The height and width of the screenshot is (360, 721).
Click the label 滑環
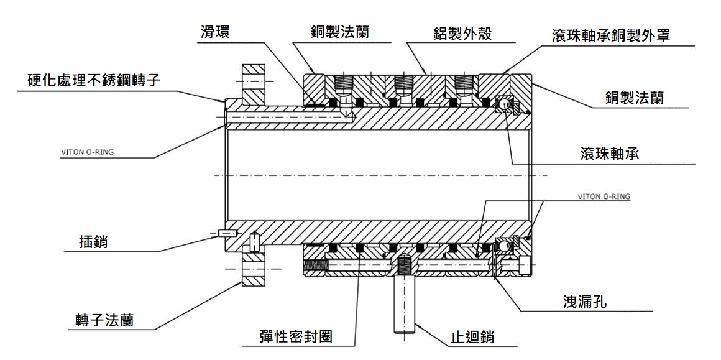click(x=215, y=32)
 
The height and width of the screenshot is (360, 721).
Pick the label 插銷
click(x=94, y=241)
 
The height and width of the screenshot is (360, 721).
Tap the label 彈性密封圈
click(x=295, y=336)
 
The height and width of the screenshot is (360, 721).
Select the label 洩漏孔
click(x=584, y=302)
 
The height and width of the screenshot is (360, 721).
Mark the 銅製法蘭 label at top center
click(x=339, y=32)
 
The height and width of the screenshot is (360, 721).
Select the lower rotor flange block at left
click(x=254, y=269)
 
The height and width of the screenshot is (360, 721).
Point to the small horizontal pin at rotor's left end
click(x=228, y=234)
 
